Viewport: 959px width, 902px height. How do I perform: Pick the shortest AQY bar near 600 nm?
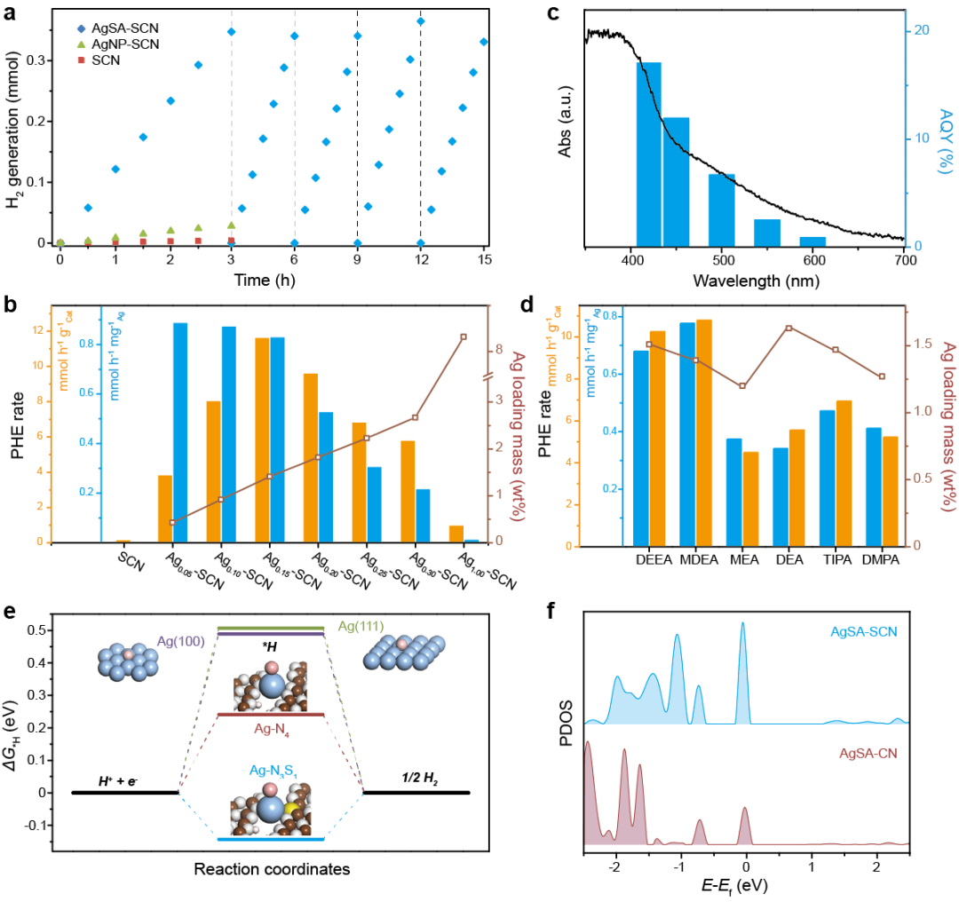[x=812, y=241]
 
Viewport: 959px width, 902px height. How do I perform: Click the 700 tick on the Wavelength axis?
[x=904, y=262]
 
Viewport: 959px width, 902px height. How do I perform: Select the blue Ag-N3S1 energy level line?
[x=271, y=839]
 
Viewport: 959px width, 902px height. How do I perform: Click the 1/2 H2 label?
[x=418, y=781]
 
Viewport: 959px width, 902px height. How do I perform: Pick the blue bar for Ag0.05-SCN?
[x=179, y=432]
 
